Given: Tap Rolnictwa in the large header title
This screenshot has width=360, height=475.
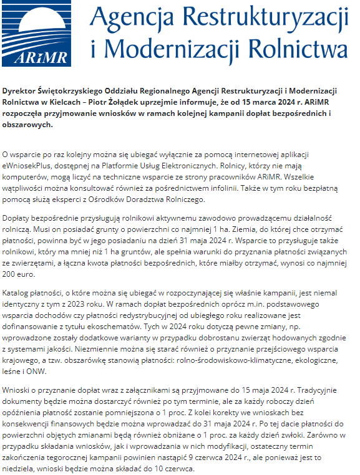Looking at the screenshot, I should click(x=298, y=48).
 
